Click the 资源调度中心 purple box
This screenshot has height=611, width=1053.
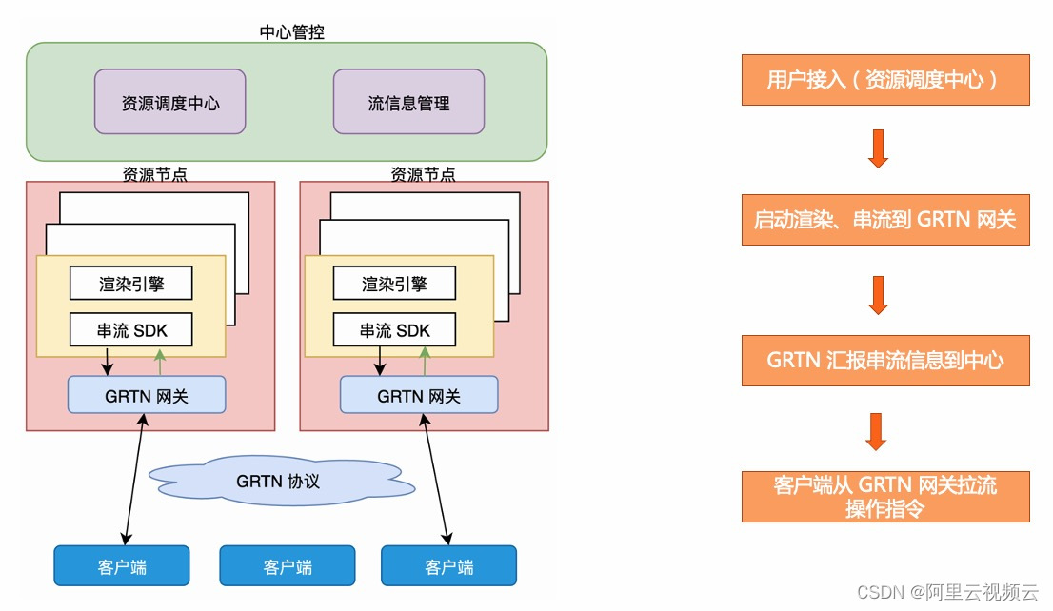pyautogui.click(x=169, y=102)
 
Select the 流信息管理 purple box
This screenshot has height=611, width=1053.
pyautogui.click(x=408, y=102)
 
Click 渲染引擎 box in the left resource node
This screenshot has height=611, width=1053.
pyautogui.click(x=131, y=283)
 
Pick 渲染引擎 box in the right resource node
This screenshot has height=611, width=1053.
pyautogui.click(x=394, y=283)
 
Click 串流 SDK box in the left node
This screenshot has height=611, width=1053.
pyautogui.click(x=131, y=330)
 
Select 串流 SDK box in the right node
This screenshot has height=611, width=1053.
pyautogui.click(x=394, y=330)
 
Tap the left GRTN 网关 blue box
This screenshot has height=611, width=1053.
pyautogui.click(x=147, y=395)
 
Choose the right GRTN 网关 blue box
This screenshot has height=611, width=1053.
pyautogui.click(x=419, y=395)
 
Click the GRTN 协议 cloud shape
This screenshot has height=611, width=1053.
pyautogui.click(x=278, y=481)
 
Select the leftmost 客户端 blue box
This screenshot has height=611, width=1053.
pyautogui.click(x=122, y=565)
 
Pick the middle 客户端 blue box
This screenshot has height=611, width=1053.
pyautogui.click(x=287, y=565)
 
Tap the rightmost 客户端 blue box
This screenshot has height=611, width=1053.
pyautogui.click(x=448, y=565)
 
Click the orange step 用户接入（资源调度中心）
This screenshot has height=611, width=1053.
pyautogui.click(x=885, y=80)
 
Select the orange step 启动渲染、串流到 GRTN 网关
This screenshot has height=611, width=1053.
pyautogui.click(x=885, y=220)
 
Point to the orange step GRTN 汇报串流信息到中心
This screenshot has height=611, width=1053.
pyautogui.click(x=885, y=360)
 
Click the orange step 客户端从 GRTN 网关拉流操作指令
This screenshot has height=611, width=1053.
pyautogui.click(x=885, y=496)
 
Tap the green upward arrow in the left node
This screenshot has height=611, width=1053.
pyautogui.click(x=159, y=362)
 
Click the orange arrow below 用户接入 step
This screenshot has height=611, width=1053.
pyautogui.click(x=878, y=149)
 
